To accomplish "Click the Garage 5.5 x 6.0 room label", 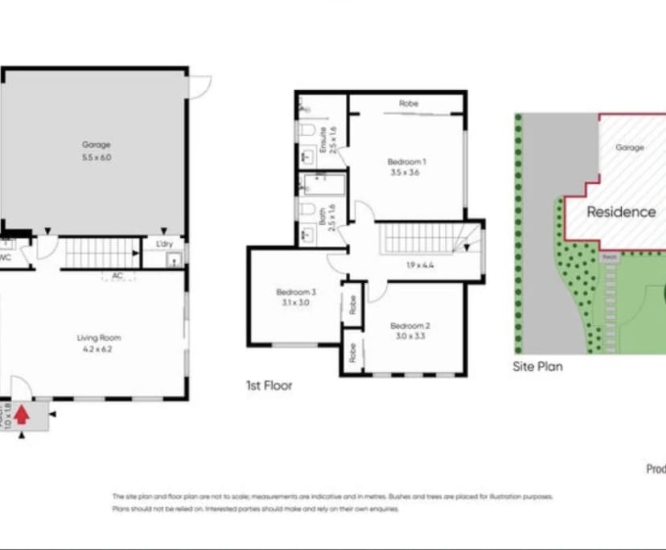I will click(96, 151).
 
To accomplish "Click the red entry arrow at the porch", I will click(22, 415).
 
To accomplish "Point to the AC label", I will click(117, 276).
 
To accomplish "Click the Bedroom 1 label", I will click(406, 166).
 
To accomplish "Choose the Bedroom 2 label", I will click(410, 330).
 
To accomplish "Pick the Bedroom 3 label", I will click(295, 297).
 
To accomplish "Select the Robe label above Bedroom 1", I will click(408, 104).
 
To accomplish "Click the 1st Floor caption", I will click(269, 386).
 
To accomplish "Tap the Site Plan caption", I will click(537, 367).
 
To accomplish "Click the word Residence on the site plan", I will click(620, 212).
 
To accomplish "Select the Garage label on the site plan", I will click(630, 148).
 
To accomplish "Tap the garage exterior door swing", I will click(199, 84).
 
